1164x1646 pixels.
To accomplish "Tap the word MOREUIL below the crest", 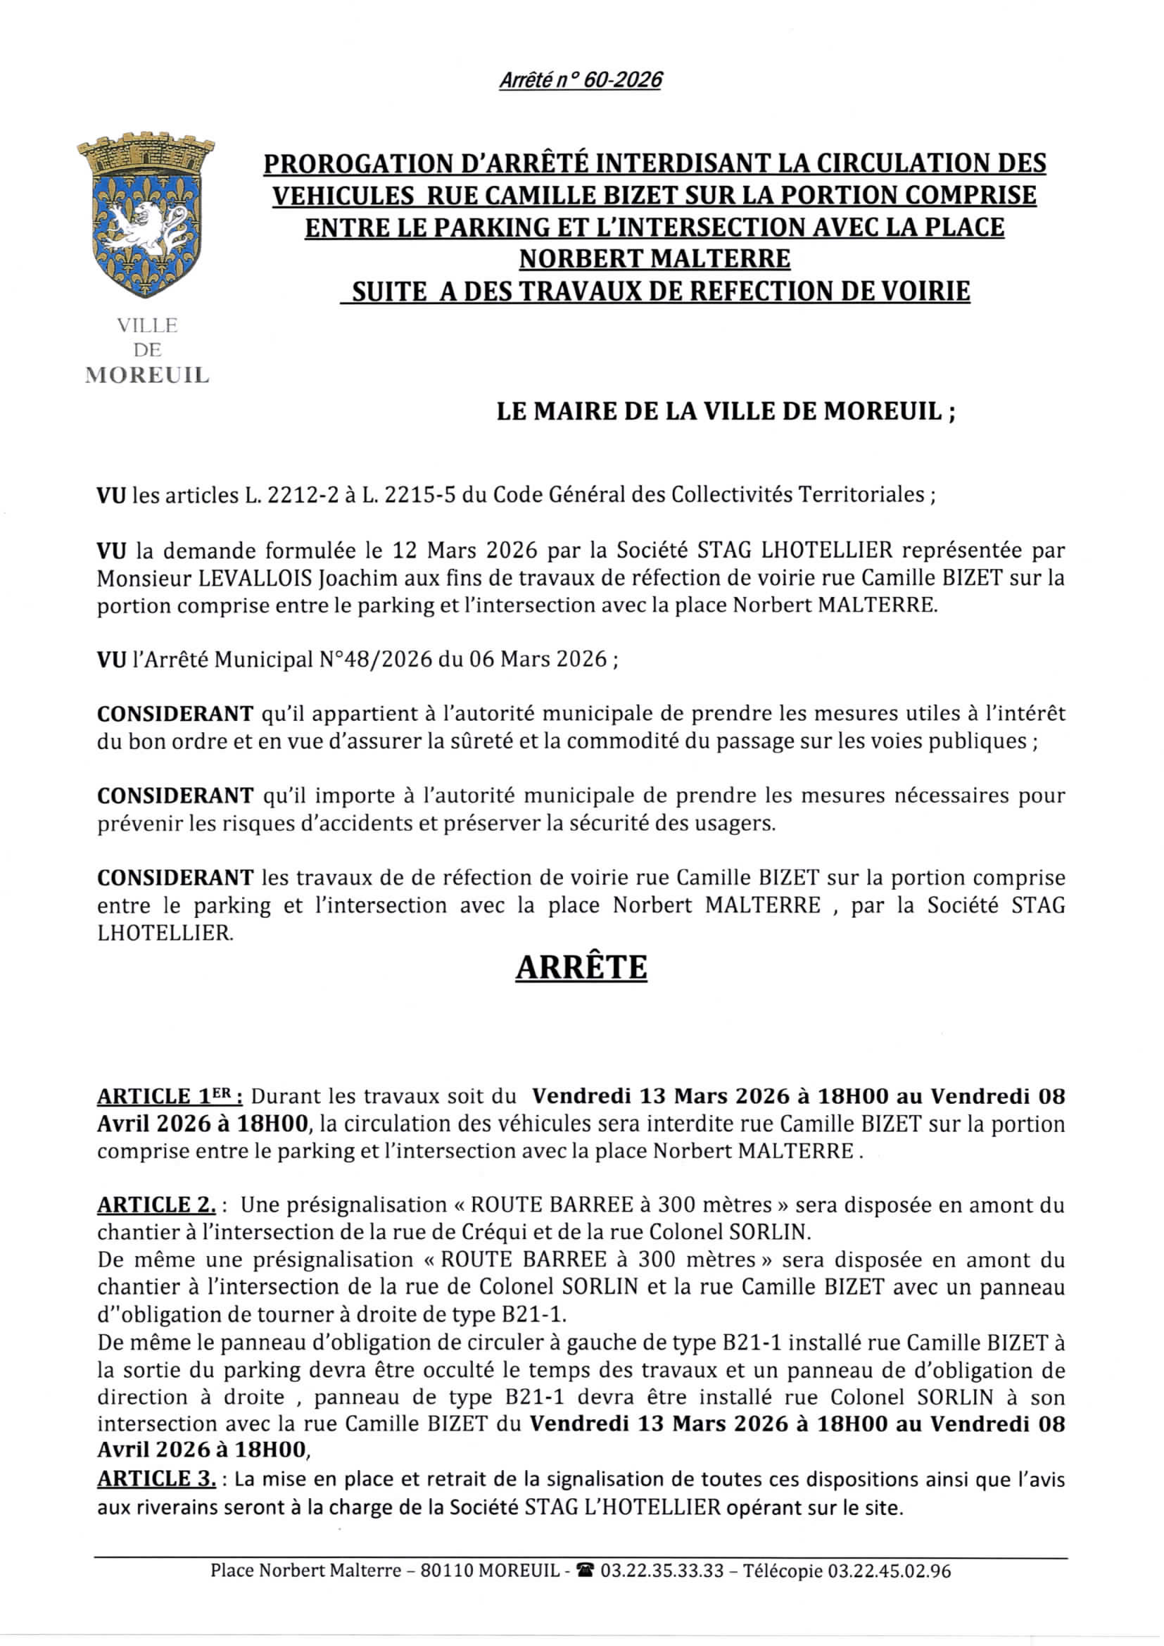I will pos(147,375).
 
